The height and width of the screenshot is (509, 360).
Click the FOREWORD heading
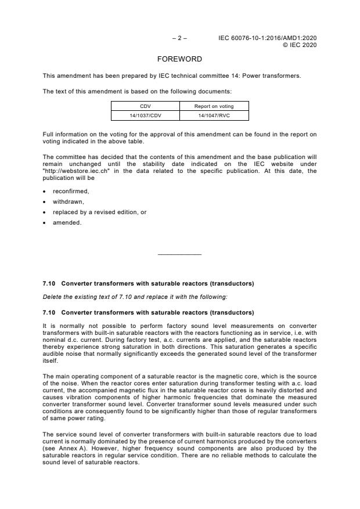[x=180, y=59]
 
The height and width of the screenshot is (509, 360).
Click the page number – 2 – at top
[x=179, y=38]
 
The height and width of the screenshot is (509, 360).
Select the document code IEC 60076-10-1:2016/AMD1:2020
[x=268, y=38]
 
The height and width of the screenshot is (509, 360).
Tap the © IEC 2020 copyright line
[x=299, y=45]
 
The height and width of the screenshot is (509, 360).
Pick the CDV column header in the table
[x=145, y=106]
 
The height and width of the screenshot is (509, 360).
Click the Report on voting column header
[x=214, y=106]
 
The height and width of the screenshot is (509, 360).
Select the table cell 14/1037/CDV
[x=145, y=115]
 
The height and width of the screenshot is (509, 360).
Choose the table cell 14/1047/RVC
[x=214, y=115]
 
